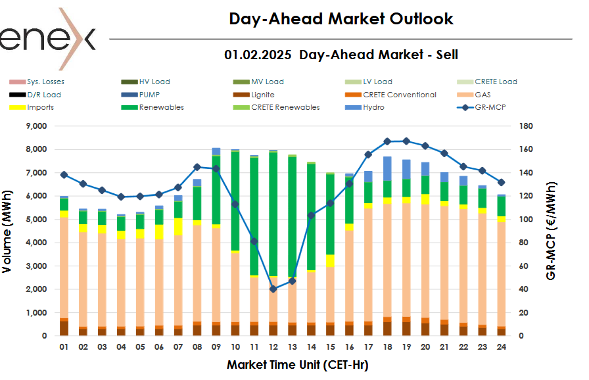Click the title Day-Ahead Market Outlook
tap(341, 18)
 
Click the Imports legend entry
tap(40, 107)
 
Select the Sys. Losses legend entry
tap(45, 82)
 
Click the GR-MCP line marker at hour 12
tap(273, 289)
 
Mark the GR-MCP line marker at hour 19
tap(406, 141)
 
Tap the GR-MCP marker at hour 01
tap(64, 175)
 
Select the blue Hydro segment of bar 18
tap(387, 168)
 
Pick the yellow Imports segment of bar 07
tap(178, 226)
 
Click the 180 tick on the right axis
tap(525, 126)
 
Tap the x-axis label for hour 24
tap(502, 347)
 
